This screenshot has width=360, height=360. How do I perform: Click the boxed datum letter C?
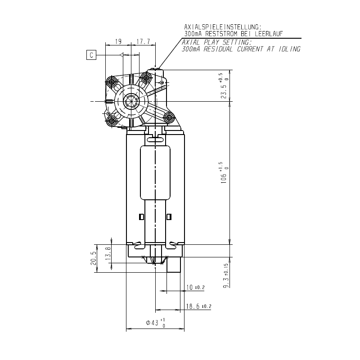91,55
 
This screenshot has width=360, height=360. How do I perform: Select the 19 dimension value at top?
118,41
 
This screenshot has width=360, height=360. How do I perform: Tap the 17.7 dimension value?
143,41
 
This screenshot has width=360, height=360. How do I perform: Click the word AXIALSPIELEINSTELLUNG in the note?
220,27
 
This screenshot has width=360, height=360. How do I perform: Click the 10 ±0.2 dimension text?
195,287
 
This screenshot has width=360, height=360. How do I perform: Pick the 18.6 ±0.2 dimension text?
198,306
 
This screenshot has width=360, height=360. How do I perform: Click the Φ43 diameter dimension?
156,323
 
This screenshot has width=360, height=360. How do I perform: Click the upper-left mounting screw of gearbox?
112,81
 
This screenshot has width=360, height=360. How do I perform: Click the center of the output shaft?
131,102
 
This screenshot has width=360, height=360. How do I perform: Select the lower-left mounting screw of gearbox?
111,121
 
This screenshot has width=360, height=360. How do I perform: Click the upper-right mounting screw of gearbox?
145,78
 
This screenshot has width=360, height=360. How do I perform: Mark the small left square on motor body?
142,217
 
